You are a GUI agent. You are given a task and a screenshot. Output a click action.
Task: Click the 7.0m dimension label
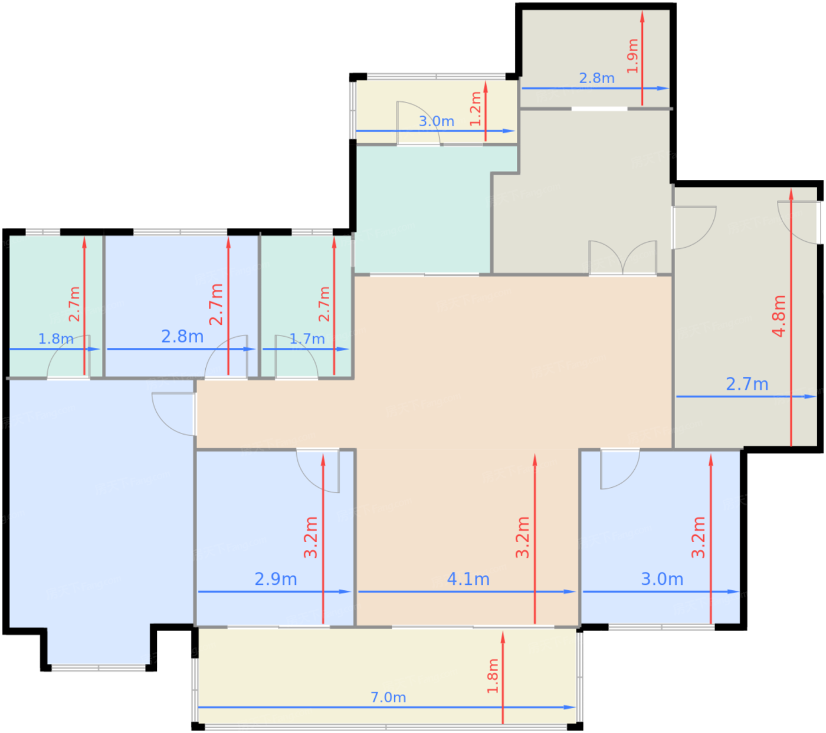388,697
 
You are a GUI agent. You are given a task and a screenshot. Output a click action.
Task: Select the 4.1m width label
468,579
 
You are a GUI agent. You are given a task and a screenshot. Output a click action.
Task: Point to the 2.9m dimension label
276,579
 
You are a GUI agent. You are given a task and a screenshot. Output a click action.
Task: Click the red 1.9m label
632,56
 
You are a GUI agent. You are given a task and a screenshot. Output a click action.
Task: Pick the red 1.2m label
476,109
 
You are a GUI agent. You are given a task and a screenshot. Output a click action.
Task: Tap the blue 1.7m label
307,338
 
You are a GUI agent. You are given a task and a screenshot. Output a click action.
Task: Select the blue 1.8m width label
56,338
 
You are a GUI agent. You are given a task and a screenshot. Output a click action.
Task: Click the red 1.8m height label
493,676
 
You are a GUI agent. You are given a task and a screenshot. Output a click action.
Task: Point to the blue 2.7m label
747,384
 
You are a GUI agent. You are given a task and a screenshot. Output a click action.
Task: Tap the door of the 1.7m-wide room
296,357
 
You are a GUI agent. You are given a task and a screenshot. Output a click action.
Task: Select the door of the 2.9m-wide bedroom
317,471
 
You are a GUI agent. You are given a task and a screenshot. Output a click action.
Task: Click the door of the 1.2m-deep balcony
419,123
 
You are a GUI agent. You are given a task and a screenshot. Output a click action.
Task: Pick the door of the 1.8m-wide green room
68,357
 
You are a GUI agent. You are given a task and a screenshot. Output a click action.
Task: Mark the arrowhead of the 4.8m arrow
791,194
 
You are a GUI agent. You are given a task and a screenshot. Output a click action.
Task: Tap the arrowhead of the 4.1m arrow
569,591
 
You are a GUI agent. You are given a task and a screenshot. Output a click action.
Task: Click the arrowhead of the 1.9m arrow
642,17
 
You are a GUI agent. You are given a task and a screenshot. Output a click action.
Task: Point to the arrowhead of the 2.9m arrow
345,591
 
